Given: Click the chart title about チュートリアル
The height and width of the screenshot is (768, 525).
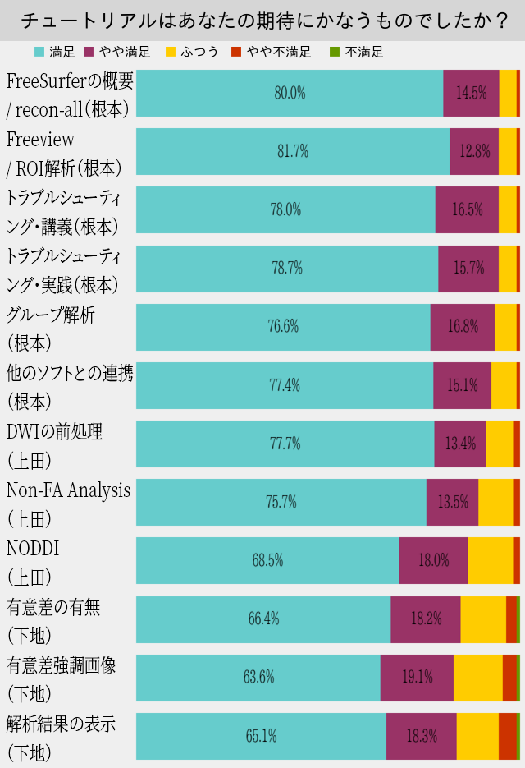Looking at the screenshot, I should coord(262,20).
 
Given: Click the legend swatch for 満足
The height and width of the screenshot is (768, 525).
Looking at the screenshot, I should coord(39,53).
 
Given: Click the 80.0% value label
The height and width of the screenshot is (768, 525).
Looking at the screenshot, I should coord(290,94).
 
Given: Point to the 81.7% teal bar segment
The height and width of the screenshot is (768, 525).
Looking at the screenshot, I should coord(293,151).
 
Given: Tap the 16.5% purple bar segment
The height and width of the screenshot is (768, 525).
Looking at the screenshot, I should coord(467,209).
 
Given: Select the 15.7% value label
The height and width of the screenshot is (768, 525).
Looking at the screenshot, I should coord(468,268).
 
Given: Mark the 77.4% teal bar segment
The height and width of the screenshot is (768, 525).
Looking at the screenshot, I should coord(285,385).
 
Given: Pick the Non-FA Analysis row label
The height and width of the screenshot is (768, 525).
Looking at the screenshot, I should coord(68,490).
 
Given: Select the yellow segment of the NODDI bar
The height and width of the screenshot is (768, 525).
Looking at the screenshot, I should coord(490,560).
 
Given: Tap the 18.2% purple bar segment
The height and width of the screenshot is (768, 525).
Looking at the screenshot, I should coord(425,619).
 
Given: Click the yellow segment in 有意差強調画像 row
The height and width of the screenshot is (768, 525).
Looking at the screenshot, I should coord(477,678).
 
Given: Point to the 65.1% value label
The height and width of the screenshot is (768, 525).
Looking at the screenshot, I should coord(261,736).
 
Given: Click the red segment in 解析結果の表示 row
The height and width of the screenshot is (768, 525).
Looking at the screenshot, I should coord(507,736).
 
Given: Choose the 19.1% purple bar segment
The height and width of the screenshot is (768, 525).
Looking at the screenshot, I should coord(417,678).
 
